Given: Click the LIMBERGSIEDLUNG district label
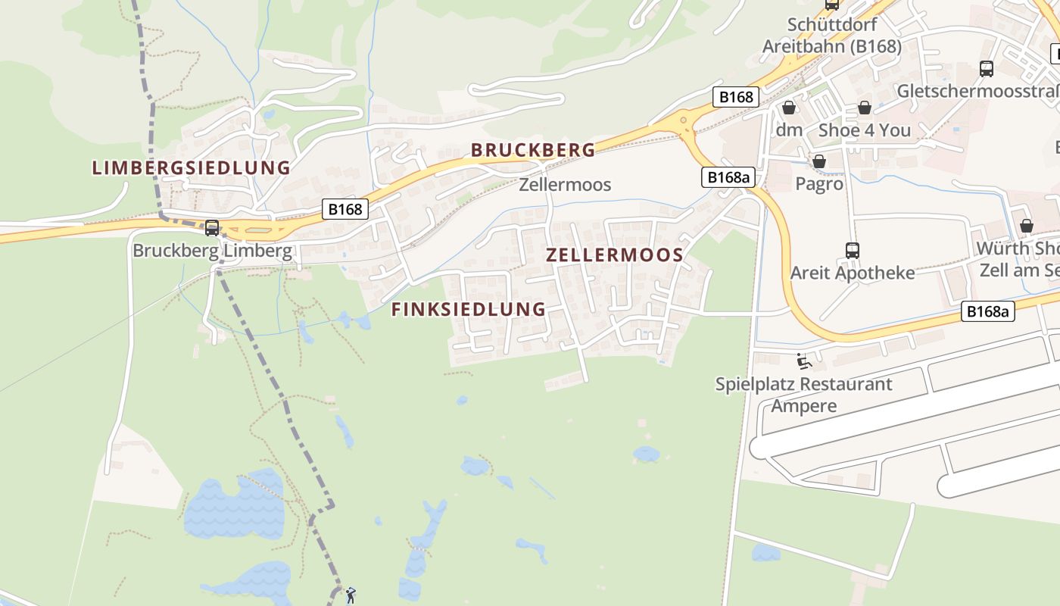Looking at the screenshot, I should pyautogui.click(x=191, y=167).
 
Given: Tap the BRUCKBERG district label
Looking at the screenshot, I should pyautogui.click(x=533, y=150).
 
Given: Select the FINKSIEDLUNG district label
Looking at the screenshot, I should pyautogui.click(x=468, y=309).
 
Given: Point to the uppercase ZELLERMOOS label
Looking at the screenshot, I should pyautogui.click(x=615, y=255).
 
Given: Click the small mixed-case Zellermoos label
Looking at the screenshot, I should pyautogui.click(x=565, y=185).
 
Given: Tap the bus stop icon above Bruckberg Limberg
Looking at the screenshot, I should pyautogui.click(x=212, y=227).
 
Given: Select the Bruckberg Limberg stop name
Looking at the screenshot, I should pyautogui.click(x=212, y=251).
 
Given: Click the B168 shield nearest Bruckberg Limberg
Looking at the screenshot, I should pyautogui.click(x=344, y=209).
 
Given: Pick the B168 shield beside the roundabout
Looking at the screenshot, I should pyautogui.click(x=736, y=96).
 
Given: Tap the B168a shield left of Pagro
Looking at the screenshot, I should pyautogui.click(x=729, y=177).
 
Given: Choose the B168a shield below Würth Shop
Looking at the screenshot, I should pyautogui.click(x=988, y=311).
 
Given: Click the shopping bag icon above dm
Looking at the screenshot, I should pyautogui.click(x=789, y=108).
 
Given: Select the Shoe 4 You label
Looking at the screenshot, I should pyautogui.click(x=864, y=130).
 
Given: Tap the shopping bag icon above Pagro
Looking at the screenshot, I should pyautogui.click(x=818, y=161).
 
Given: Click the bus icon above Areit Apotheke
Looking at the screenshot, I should pyautogui.click(x=853, y=250).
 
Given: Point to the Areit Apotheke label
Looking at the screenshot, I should pyautogui.click(x=853, y=273).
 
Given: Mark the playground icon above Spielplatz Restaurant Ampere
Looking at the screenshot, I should pyautogui.click(x=803, y=361).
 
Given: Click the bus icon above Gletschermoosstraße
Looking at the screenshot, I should pyautogui.click(x=987, y=69).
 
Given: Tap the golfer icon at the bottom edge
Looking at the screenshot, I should pyautogui.click(x=350, y=595).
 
